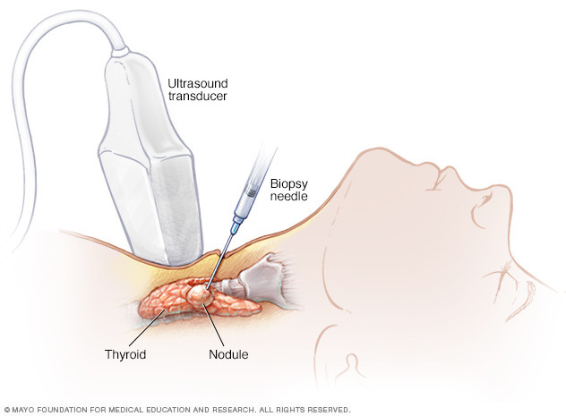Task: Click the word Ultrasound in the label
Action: pyautogui.click(x=198, y=83)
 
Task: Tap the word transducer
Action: pyautogui.click(x=197, y=97)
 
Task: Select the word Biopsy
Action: pyautogui.click(x=288, y=184)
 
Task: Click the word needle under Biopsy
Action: pyautogui.click(x=288, y=196)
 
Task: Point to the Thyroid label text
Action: pyautogui.click(x=125, y=354)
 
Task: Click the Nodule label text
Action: pyautogui.click(x=228, y=354)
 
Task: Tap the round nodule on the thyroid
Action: pyautogui.click(x=199, y=295)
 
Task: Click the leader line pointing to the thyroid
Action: pyautogui.click(x=147, y=327)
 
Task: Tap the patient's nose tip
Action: pyautogui.click(x=505, y=188)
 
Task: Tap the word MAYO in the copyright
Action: pyautogui.click(x=23, y=410)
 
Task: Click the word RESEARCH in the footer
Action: pyautogui.click(x=233, y=410)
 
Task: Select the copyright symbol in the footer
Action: pyautogui.click(x=7, y=410)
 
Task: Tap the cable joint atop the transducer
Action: pyautogui.click(x=120, y=52)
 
